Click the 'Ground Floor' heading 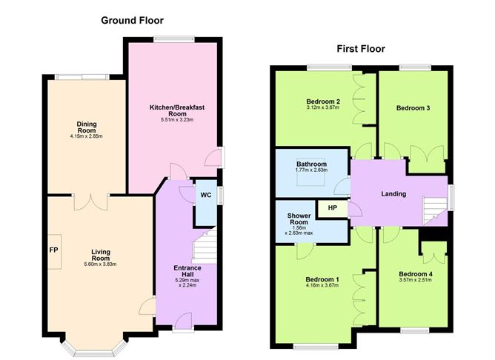coord(132,21)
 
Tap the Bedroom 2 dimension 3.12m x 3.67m coord(322,108)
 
